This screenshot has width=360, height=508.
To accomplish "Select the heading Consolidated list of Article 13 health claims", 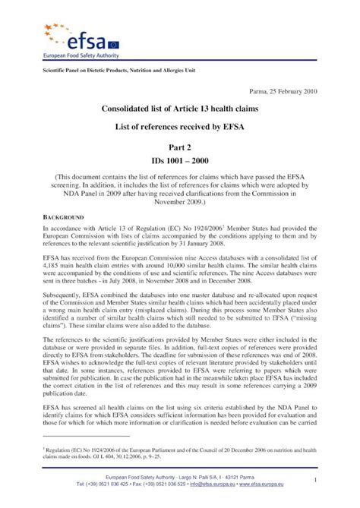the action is [x=179, y=111].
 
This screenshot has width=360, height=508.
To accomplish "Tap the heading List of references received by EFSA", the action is [x=179, y=131].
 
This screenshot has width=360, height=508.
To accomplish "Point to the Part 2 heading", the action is [x=179, y=151].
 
